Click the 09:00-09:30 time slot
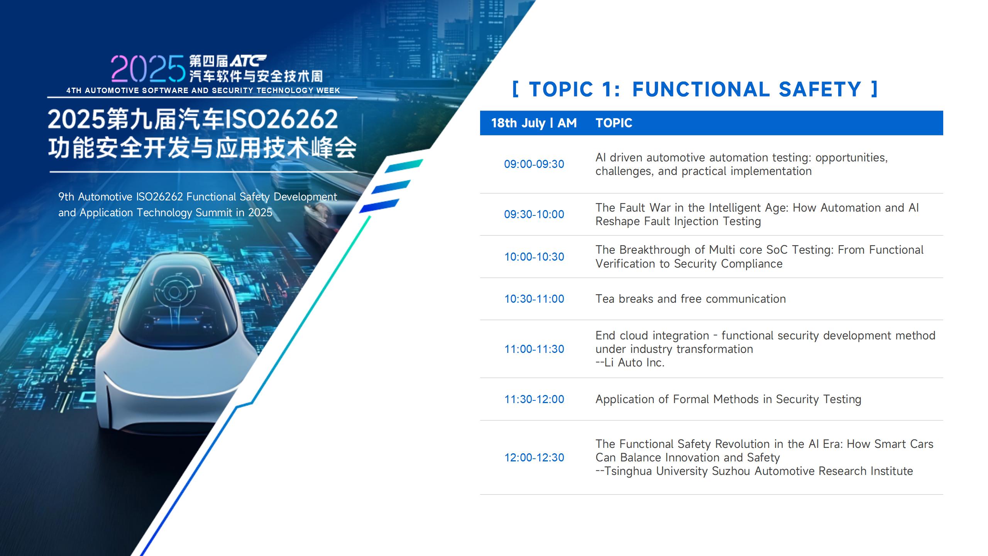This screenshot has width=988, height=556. coord(534,164)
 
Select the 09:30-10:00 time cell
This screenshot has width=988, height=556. coord(534,214)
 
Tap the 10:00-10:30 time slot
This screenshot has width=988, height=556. coord(534,257)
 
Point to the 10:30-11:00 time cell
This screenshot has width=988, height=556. coord(534,299)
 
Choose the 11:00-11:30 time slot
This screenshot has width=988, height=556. coord(534,349)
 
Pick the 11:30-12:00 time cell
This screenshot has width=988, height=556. coord(534,399)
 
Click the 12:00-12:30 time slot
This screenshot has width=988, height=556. coord(534,458)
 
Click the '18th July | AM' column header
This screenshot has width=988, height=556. coord(534,123)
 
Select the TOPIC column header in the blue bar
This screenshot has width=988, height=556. coord(614,123)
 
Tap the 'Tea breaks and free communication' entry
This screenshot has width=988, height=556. coord(690,299)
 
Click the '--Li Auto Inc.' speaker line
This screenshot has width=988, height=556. coord(630,363)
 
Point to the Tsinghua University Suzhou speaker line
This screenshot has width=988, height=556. coord(754,471)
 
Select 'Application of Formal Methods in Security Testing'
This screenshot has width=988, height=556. coord(728,399)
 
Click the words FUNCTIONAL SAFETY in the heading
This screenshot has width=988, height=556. coord(747,90)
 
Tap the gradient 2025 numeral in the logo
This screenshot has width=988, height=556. coord(148,69)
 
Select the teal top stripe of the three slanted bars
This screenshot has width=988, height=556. coord(404,166)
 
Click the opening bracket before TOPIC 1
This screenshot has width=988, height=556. coord(515,89)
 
